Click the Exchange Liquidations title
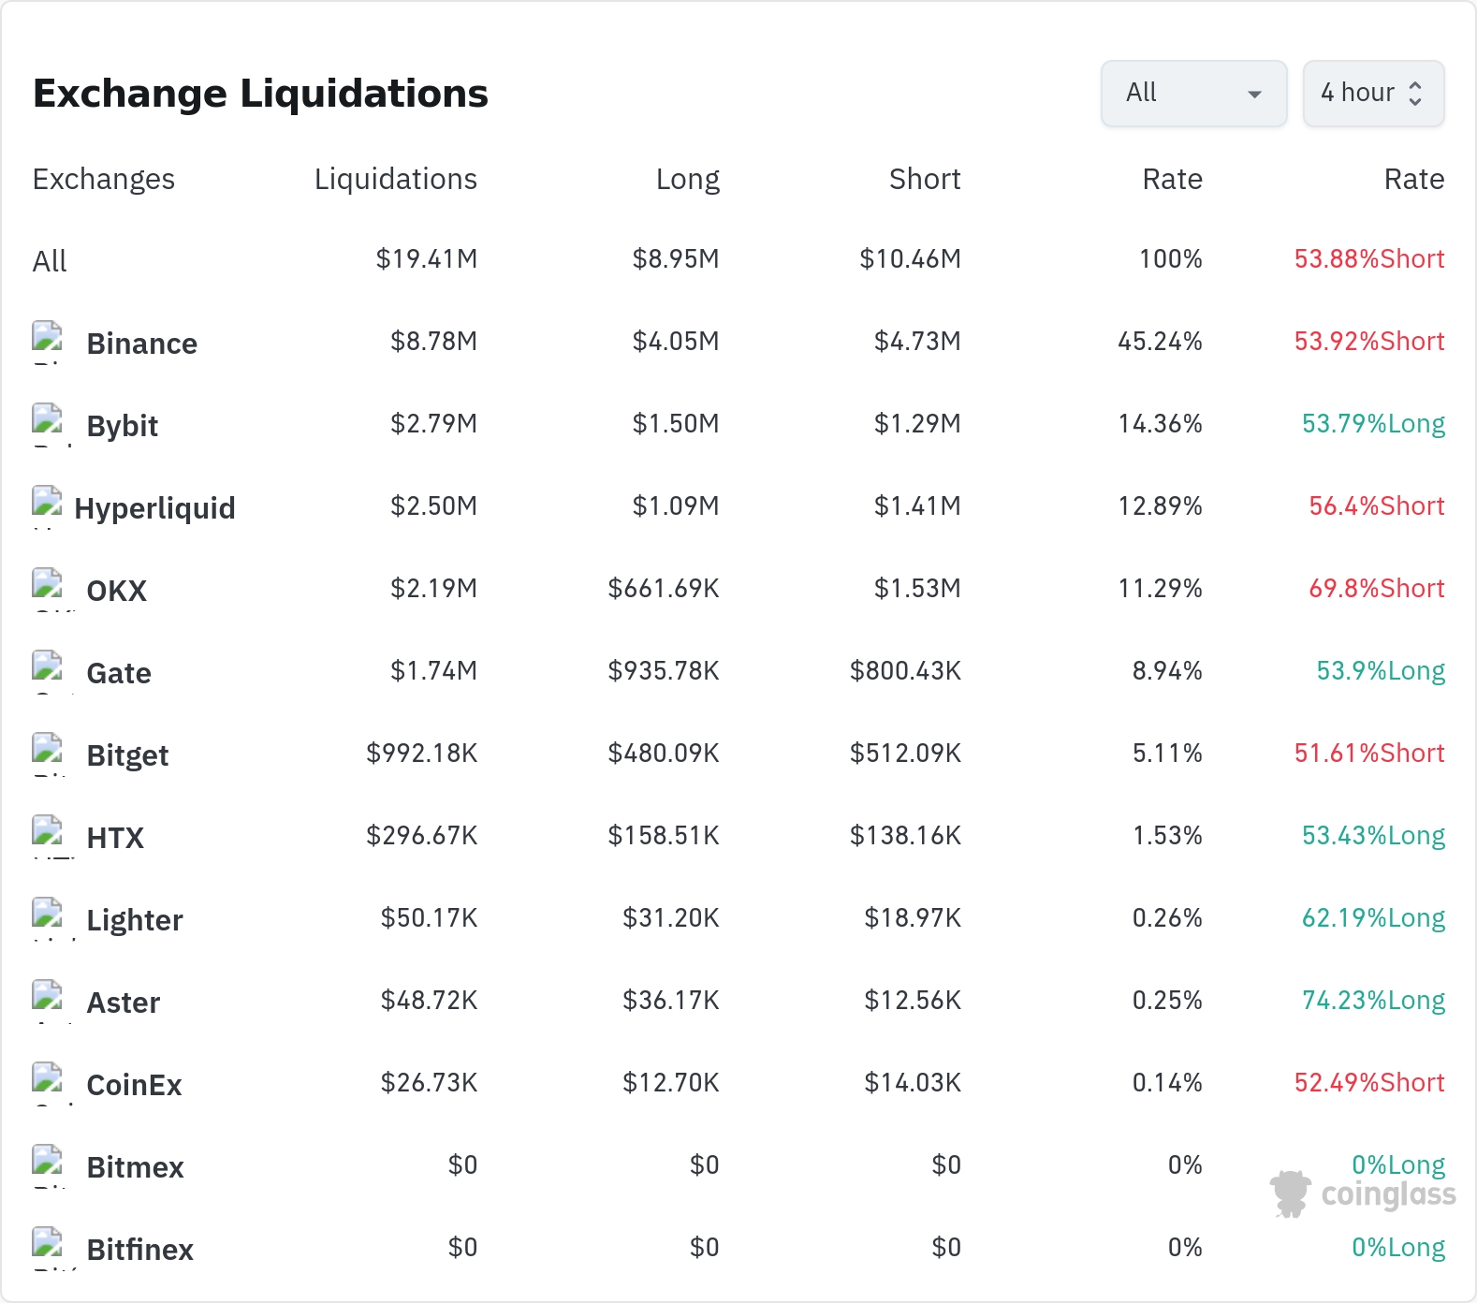[260, 94]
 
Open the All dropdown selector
[1193, 94]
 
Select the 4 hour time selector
[1373, 94]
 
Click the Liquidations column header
[396, 179]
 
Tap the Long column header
[688, 179]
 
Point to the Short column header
[925, 179]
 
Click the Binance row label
[142, 344]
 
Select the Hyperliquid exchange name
[154, 508]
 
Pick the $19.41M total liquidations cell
[427, 258]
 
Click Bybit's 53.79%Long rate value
[1373, 424]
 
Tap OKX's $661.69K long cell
[664, 588]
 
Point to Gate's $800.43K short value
[905, 670]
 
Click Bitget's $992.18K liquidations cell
[422, 753]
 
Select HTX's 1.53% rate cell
[1167, 835]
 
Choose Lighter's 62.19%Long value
[1373, 918]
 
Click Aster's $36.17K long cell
[671, 1000]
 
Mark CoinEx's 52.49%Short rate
[1369, 1082]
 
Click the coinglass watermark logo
[1363, 1193]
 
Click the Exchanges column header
[104, 179]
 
